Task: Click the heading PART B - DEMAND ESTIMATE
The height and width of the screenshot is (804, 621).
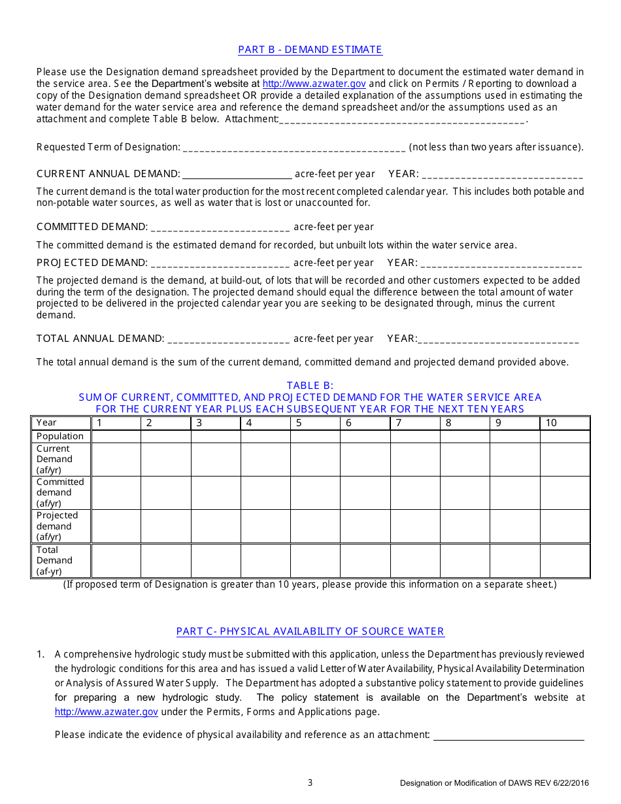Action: tap(310, 50)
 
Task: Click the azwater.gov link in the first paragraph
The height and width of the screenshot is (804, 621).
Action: tap(314, 84)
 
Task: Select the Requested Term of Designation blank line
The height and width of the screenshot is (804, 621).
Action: tap(294, 148)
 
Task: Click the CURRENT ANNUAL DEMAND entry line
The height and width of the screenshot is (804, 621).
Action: tap(237, 175)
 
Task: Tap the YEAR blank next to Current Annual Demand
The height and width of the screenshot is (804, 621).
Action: tap(502, 175)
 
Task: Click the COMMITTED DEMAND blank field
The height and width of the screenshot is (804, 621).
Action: tap(220, 227)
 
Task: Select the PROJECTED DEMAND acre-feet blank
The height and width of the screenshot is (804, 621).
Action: tap(220, 263)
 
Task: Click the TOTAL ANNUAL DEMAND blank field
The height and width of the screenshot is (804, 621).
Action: tap(228, 339)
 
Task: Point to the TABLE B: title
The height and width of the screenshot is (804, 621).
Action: tap(310, 386)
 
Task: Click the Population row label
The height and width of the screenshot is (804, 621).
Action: tap(60, 437)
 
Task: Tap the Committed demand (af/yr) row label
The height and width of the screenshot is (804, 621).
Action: tap(60, 493)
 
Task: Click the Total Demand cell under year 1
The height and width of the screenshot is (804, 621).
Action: tap(116, 561)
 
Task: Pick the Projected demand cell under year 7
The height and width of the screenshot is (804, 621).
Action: tap(415, 526)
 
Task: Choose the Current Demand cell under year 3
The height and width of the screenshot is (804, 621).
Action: tap(216, 460)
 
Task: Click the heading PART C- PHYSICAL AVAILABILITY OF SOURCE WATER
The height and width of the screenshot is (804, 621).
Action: tap(310, 631)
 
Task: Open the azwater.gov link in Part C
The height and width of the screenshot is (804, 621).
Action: tap(107, 712)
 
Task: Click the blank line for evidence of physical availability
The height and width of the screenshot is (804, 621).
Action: tap(509, 735)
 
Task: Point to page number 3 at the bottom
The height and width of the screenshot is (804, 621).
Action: tap(310, 782)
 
